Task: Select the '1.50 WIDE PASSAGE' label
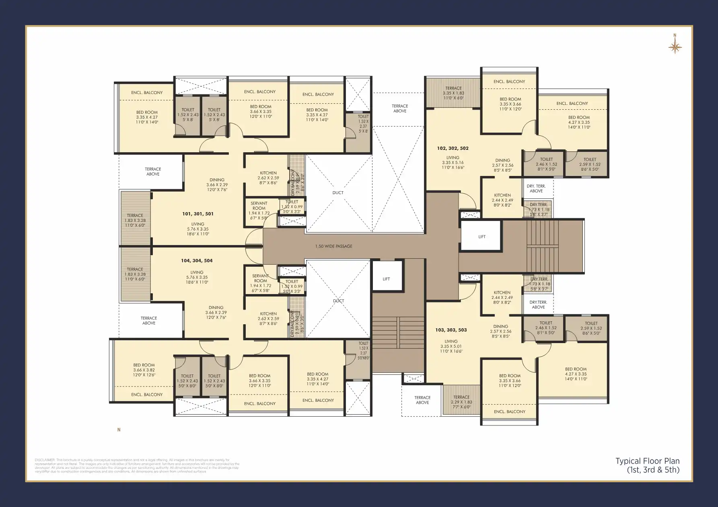pos(333,246)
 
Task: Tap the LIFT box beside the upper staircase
pos(481,237)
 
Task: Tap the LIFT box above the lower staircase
pos(386,279)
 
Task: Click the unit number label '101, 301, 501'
pos(198,214)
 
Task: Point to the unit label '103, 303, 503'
pos(451,330)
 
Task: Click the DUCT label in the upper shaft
pos(338,193)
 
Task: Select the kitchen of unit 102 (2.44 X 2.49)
pos(502,198)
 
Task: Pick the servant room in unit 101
pos(259,208)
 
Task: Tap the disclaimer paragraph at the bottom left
pos(137,466)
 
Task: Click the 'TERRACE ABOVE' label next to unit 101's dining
pos(153,172)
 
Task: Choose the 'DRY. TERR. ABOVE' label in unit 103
pos(538,305)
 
